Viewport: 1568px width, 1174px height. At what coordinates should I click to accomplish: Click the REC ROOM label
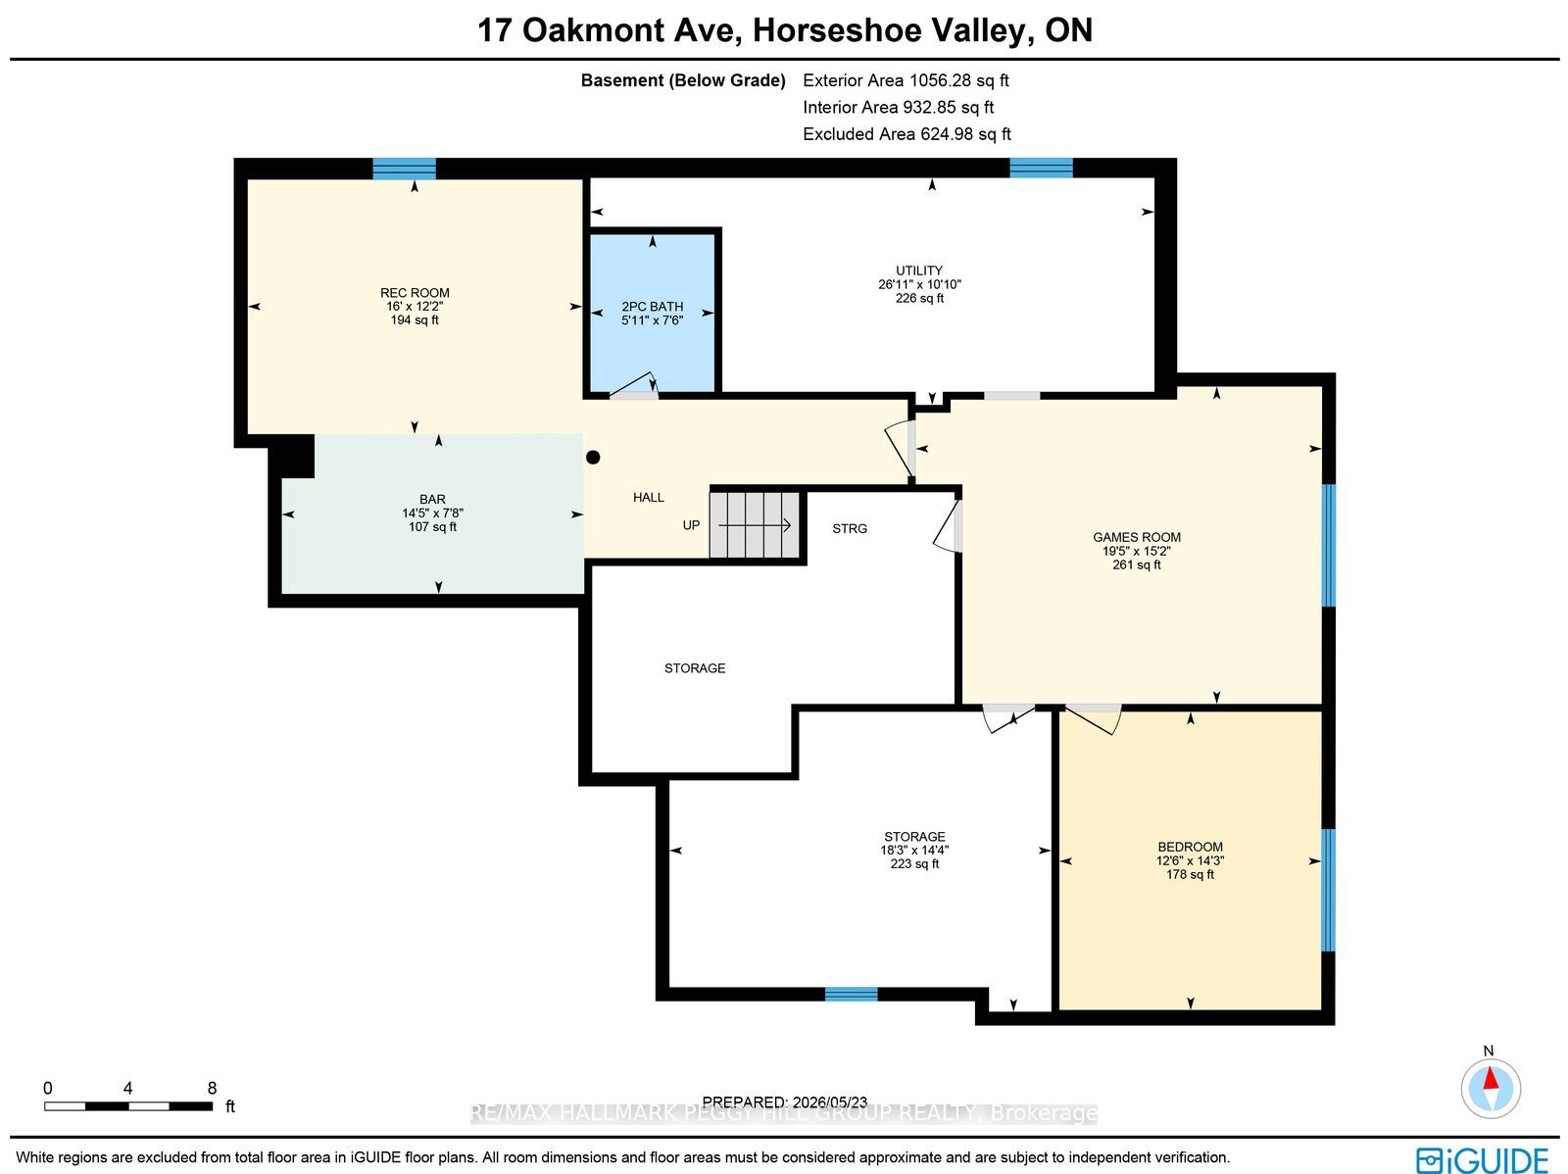(x=415, y=293)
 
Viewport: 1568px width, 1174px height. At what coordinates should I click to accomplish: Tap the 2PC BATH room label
(x=653, y=307)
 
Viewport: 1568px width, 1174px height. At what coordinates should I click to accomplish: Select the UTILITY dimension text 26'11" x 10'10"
(x=919, y=284)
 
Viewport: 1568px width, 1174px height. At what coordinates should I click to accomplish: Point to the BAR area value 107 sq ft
(x=432, y=527)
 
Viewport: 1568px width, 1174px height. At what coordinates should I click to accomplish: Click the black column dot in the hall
(x=593, y=458)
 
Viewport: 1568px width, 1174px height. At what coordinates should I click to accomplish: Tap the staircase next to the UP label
(x=755, y=525)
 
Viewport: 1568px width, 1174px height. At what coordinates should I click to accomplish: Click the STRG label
(x=850, y=528)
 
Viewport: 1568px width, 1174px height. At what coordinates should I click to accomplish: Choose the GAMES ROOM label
(x=1137, y=537)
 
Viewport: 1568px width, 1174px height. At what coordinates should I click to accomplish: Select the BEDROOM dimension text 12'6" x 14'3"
(x=1190, y=860)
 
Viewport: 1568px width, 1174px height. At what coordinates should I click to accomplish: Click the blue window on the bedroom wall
(x=1328, y=890)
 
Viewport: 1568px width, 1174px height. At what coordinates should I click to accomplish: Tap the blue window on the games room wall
(x=1329, y=545)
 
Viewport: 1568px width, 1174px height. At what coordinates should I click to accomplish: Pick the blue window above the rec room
(x=405, y=169)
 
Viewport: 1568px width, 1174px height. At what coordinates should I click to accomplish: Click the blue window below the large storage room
(x=851, y=994)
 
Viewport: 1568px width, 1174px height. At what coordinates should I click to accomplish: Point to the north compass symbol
(x=1491, y=1089)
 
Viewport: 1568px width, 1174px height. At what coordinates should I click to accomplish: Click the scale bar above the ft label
(x=128, y=1106)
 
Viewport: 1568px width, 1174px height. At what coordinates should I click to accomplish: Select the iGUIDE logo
(x=1483, y=1159)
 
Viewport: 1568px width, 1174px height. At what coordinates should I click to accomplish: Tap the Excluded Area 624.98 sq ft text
(x=906, y=134)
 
